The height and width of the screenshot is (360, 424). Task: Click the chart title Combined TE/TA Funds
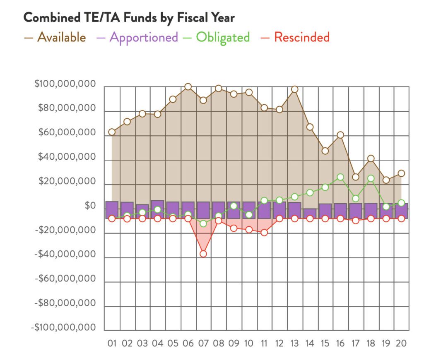tap(129, 18)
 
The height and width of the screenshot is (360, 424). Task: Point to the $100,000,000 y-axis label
tap(65, 84)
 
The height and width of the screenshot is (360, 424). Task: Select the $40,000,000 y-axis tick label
tap(67, 158)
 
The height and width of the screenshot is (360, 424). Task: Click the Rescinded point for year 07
tap(203, 254)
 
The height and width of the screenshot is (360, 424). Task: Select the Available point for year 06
tap(188, 87)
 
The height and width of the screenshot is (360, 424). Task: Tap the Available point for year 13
tap(295, 89)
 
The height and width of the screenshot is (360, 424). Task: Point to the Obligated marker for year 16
tap(340, 177)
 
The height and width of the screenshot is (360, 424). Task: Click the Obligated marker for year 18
tap(371, 179)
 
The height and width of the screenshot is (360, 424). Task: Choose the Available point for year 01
tap(112, 132)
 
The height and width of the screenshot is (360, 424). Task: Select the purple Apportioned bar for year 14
tap(310, 214)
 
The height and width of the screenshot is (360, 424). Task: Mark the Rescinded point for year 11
tap(264, 233)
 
